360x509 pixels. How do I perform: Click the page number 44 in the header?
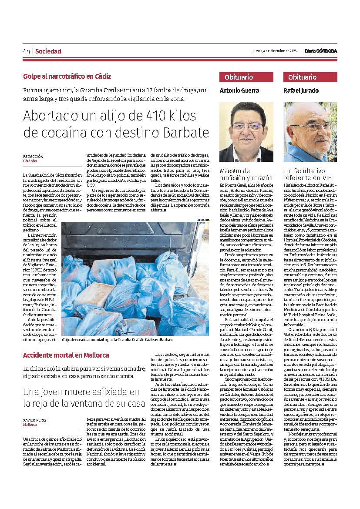[x=27, y=51]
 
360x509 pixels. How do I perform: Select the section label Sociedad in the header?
[x=48, y=51]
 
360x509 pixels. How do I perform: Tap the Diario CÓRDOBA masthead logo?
[x=321, y=51]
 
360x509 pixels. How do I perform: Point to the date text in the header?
[x=274, y=51]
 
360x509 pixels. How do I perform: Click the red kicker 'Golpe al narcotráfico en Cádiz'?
[x=67, y=76]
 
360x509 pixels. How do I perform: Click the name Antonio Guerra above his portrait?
[x=239, y=90]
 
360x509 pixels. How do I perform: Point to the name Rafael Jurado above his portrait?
[x=301, y=90]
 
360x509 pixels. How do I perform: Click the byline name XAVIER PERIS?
[x=34, y=420]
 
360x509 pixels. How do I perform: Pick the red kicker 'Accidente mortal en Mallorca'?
[x=66, y=355]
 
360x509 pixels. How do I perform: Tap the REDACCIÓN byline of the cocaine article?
[x=33, y=156]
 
